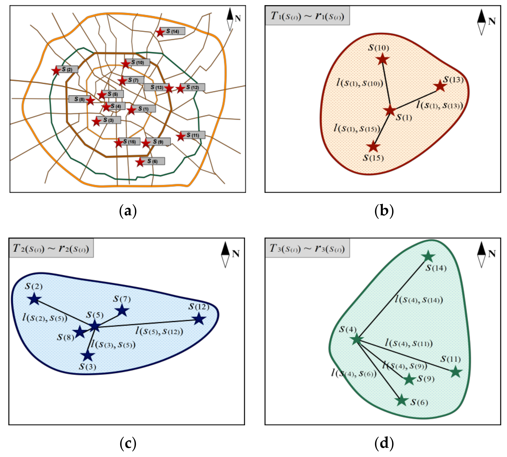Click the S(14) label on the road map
[173, 31]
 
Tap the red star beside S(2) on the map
[56, 71]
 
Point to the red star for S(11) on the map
[181, 136]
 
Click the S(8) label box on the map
[79, 99]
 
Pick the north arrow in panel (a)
[230, 19]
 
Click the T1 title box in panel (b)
[307, 16]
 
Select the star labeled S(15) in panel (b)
[373, 147]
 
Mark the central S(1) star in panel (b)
[390, 110]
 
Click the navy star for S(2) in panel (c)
[34, 299]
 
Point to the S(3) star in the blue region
[87, 355]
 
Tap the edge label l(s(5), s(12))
[159, 331]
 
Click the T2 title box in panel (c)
[51, 248]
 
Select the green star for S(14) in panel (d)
[428, 256]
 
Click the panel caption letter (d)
[384, 443]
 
